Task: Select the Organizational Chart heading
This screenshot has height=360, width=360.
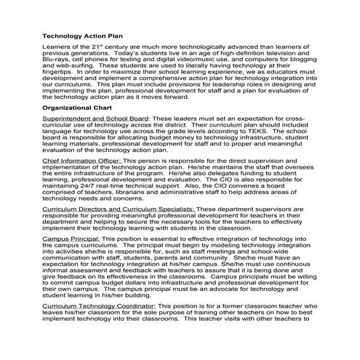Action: coord(81,107)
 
